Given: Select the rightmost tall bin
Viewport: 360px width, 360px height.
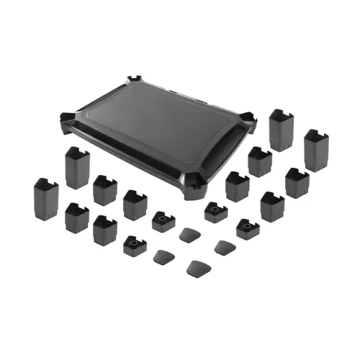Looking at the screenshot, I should (316, 149).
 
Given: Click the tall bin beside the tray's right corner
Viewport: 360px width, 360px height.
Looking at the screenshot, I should (281, 130).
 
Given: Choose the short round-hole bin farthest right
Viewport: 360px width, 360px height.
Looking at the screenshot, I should (247, 229).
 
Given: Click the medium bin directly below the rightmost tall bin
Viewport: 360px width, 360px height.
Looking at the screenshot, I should (296, 183).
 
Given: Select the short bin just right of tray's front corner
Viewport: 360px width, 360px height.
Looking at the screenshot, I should (215, 212).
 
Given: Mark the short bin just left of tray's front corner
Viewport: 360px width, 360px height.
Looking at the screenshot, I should (163, 220).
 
